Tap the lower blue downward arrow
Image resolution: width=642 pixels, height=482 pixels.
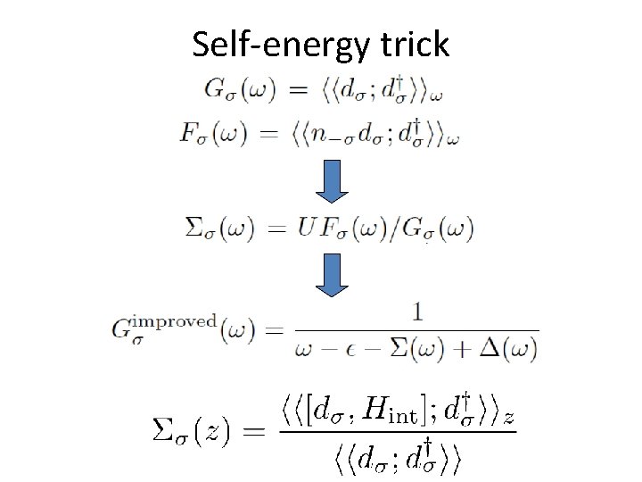(332, 274)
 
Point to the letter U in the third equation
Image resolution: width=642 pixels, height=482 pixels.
(307, 229)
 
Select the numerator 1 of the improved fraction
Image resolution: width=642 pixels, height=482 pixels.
(416, 312)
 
